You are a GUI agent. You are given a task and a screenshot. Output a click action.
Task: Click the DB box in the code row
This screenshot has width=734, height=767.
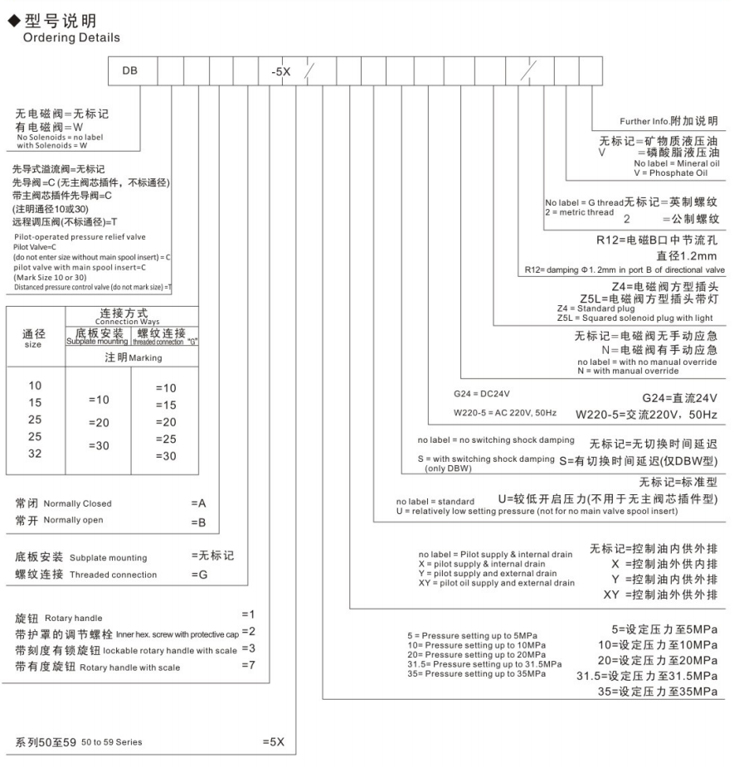click(x=125, y=72)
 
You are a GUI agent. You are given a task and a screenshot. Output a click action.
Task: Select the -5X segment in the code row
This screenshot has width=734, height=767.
click(x=280, y=72)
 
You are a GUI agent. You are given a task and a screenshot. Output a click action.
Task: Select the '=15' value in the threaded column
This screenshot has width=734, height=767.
click(x=167, y=404)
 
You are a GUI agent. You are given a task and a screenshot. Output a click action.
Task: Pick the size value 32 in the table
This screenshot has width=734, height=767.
click(x=36, y=454)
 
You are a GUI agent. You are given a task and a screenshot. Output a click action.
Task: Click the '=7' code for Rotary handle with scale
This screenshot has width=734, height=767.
click(x=247, y=666)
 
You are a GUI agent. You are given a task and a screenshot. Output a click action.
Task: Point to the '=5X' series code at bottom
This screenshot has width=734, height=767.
click(x=274, y=741)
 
